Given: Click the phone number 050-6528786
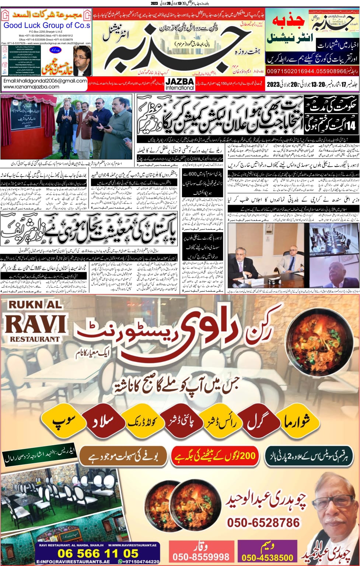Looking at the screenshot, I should click(x=263, y=522).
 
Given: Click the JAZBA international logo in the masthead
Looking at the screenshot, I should click(x=179, y=84).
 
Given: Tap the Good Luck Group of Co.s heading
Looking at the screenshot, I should click(x=46, y=25).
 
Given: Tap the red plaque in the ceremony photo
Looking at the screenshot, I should click(x=21, y=126).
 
